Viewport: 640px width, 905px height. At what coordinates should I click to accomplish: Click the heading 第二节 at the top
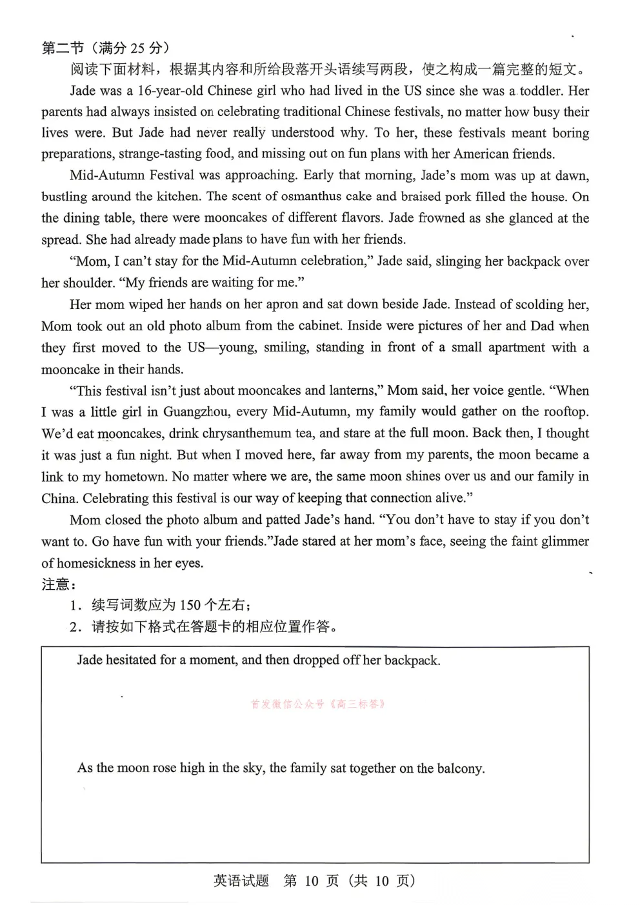(x=63, y=48)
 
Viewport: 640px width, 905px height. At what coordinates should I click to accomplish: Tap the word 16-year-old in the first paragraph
(x=170, y=91)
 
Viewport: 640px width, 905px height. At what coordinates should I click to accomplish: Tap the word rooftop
(x=566, y=412)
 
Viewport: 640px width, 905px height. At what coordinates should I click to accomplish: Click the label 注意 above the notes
(x=55, y=584)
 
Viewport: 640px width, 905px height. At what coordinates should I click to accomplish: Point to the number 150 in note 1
(x=190, y=605)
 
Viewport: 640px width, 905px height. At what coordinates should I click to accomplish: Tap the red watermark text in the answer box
(x=318, y=704)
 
